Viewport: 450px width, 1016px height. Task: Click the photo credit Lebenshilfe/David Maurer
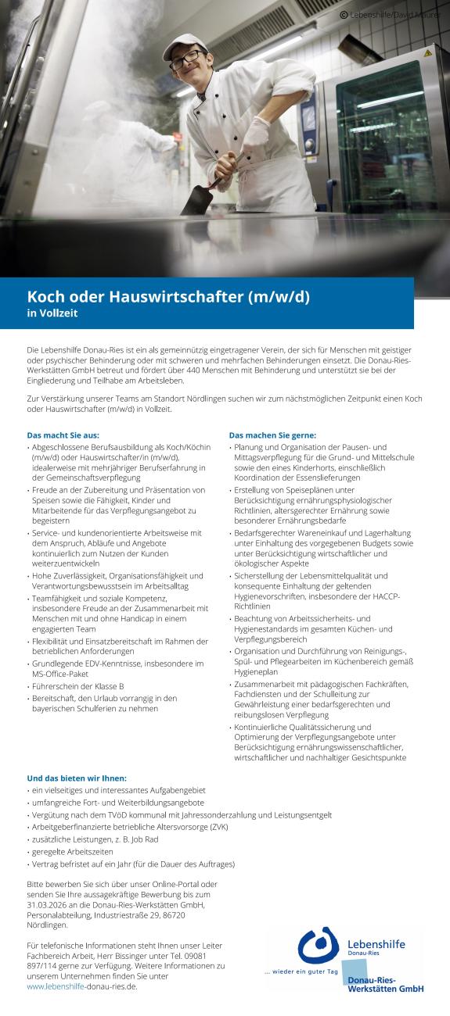point(391,14)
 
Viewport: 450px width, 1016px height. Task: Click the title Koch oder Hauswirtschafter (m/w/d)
point(168,296)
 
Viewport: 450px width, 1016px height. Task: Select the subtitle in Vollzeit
point(52,314)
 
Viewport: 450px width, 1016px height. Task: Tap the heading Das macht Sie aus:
point(63,435)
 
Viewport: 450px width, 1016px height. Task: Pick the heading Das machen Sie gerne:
point(272,435)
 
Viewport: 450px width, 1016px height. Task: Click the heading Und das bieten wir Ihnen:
point(77,778)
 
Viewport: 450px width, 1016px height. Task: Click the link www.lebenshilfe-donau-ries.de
point(82,986)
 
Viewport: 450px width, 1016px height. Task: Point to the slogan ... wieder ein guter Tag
point(301,971)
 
